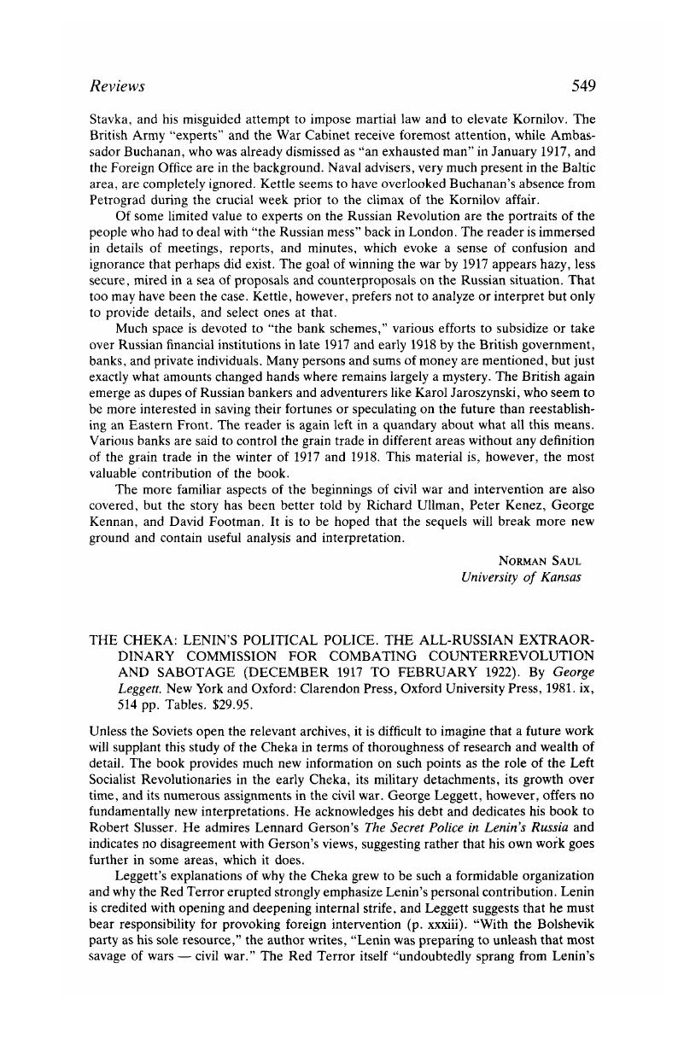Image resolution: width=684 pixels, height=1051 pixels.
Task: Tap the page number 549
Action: tap(578, 85)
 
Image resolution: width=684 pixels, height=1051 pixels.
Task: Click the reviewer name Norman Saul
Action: tap(539, 561)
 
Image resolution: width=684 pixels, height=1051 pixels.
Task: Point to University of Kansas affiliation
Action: tap(520, 577)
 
